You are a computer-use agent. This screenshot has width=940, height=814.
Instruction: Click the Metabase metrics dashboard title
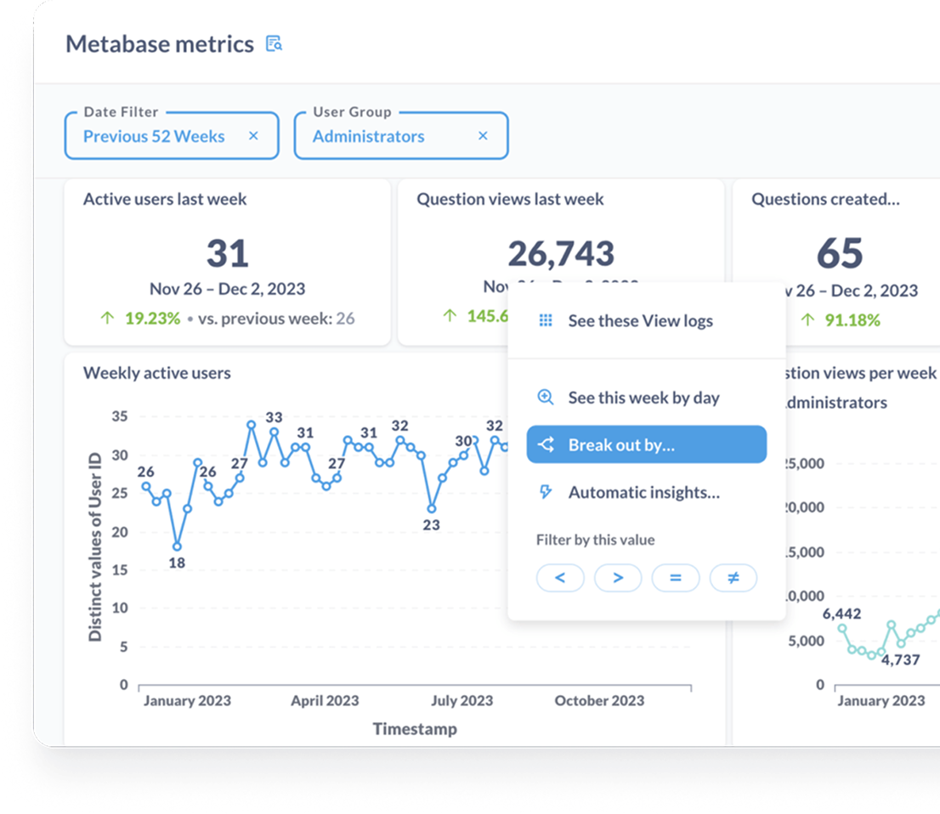160,44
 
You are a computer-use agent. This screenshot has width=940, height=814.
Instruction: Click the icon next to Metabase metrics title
274,44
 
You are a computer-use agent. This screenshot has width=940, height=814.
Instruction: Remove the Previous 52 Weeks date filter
253,136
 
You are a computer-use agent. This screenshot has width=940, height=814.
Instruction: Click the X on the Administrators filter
483,136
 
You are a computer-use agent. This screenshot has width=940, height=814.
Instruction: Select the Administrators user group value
368,136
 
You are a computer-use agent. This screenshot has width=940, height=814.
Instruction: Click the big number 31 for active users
227,253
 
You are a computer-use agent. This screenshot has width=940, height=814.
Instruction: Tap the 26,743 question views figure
561,253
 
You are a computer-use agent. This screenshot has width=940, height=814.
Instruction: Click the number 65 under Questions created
840,253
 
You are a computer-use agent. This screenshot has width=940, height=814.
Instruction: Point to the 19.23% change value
152,319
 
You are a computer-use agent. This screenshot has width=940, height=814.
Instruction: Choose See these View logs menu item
640,321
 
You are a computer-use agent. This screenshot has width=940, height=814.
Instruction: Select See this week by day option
643,398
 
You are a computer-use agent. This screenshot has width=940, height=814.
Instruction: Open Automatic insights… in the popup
643,493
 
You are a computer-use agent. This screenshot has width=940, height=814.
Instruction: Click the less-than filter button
560,579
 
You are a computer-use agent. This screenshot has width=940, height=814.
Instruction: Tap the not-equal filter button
733,579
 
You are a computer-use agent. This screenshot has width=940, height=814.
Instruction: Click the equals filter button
676,579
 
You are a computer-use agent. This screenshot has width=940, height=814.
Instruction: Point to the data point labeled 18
177,546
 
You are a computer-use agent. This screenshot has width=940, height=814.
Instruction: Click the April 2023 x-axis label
325,701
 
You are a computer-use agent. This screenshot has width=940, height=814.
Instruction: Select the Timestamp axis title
414,729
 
